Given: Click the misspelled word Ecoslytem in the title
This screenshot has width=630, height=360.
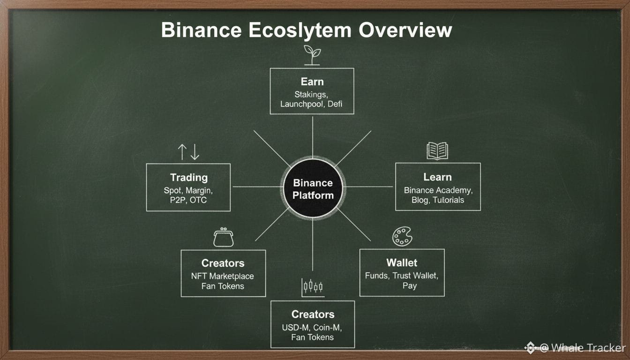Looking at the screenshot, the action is pos(300,30).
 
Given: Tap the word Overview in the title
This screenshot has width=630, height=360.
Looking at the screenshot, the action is pos(405,30).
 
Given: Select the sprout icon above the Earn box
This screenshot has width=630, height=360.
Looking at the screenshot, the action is pos(312,55).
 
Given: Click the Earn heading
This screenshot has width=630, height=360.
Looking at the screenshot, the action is pos(312,82).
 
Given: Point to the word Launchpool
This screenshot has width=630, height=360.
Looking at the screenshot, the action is pos(301,104).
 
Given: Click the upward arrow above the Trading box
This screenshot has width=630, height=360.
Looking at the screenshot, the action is pos(182,152).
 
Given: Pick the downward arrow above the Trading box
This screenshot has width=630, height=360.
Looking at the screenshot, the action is pos(195,152).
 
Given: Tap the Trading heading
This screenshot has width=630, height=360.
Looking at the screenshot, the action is pos(189,178).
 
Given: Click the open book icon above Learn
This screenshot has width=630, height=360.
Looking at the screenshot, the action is pos(437,151).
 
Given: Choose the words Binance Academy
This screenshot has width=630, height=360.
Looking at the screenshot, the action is pos(438,190).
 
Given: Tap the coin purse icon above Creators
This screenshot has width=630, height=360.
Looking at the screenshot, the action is pos(223,237).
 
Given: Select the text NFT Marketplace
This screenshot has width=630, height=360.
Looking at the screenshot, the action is pos(223,276).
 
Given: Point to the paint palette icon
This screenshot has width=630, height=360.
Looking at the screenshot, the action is pos(402,237).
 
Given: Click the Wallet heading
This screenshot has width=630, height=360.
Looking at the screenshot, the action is pos(402,262).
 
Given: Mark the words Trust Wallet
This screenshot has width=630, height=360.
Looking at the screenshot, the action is pos(415,276).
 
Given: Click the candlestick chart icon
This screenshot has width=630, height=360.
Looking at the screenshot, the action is pos(313,288).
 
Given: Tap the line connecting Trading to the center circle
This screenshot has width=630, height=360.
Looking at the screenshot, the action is pos(257,187).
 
